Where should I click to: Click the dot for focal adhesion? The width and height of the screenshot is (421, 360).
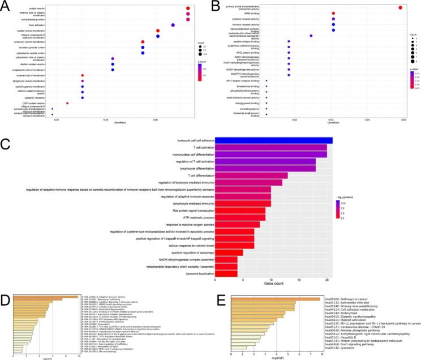173,25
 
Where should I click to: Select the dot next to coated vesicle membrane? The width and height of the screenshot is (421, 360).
158,31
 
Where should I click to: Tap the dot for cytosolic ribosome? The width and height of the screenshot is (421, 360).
83,97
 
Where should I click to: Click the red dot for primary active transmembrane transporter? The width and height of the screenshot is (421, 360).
400,7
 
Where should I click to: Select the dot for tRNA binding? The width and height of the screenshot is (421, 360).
333,13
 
